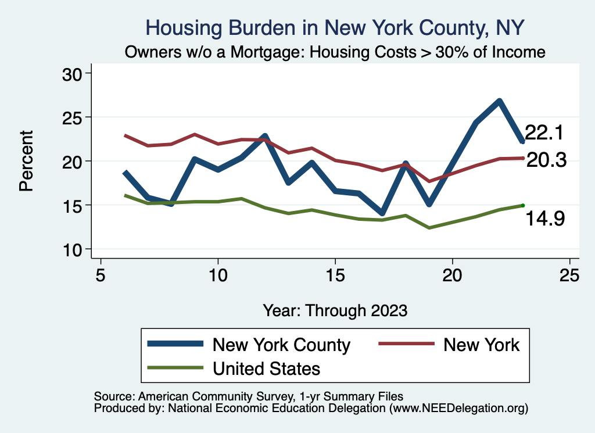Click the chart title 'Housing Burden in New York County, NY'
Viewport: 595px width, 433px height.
pos(335,27)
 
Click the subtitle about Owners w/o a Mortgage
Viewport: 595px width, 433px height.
pos(335,52)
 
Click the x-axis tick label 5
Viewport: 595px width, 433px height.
pos(101,274)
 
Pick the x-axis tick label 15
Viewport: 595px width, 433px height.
pos(335,274)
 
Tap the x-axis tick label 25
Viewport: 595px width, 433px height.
pos(569,274)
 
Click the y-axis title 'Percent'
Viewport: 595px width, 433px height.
pos(25,161)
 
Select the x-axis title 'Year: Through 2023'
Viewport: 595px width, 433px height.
pos(335,309)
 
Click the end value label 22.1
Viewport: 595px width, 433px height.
pos(544,133)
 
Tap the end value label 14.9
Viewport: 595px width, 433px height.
pos(546,219)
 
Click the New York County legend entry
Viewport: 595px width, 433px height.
pos(281,345)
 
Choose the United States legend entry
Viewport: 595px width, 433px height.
pos(266,368)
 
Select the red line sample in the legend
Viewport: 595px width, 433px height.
pos(406,344)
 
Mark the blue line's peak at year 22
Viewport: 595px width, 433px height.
pos(499,101)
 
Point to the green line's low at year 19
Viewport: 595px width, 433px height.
pos(429,227)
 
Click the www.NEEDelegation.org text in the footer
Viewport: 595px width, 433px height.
pos(459,408)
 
